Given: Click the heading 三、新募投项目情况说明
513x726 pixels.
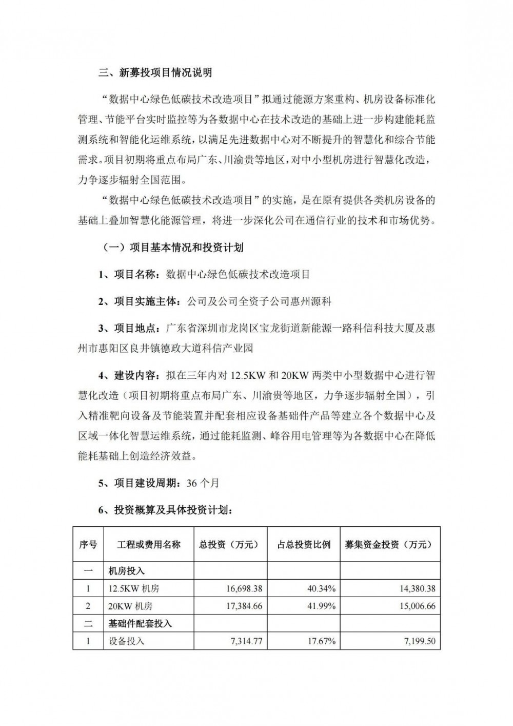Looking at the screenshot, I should (155, 72).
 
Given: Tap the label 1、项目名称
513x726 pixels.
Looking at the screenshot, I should (130, 274).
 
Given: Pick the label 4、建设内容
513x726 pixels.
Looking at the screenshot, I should (130, 375).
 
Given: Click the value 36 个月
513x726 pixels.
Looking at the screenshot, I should (201, 483).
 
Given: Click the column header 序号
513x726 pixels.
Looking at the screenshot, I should (88, 545).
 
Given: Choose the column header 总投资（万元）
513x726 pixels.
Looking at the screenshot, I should (229, 545).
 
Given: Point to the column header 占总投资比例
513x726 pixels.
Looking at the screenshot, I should (304, 545).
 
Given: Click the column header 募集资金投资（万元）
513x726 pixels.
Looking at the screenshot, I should (390, 545).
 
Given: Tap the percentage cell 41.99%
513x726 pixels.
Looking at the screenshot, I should (322, 606).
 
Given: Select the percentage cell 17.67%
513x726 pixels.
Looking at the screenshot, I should (322, 641).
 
